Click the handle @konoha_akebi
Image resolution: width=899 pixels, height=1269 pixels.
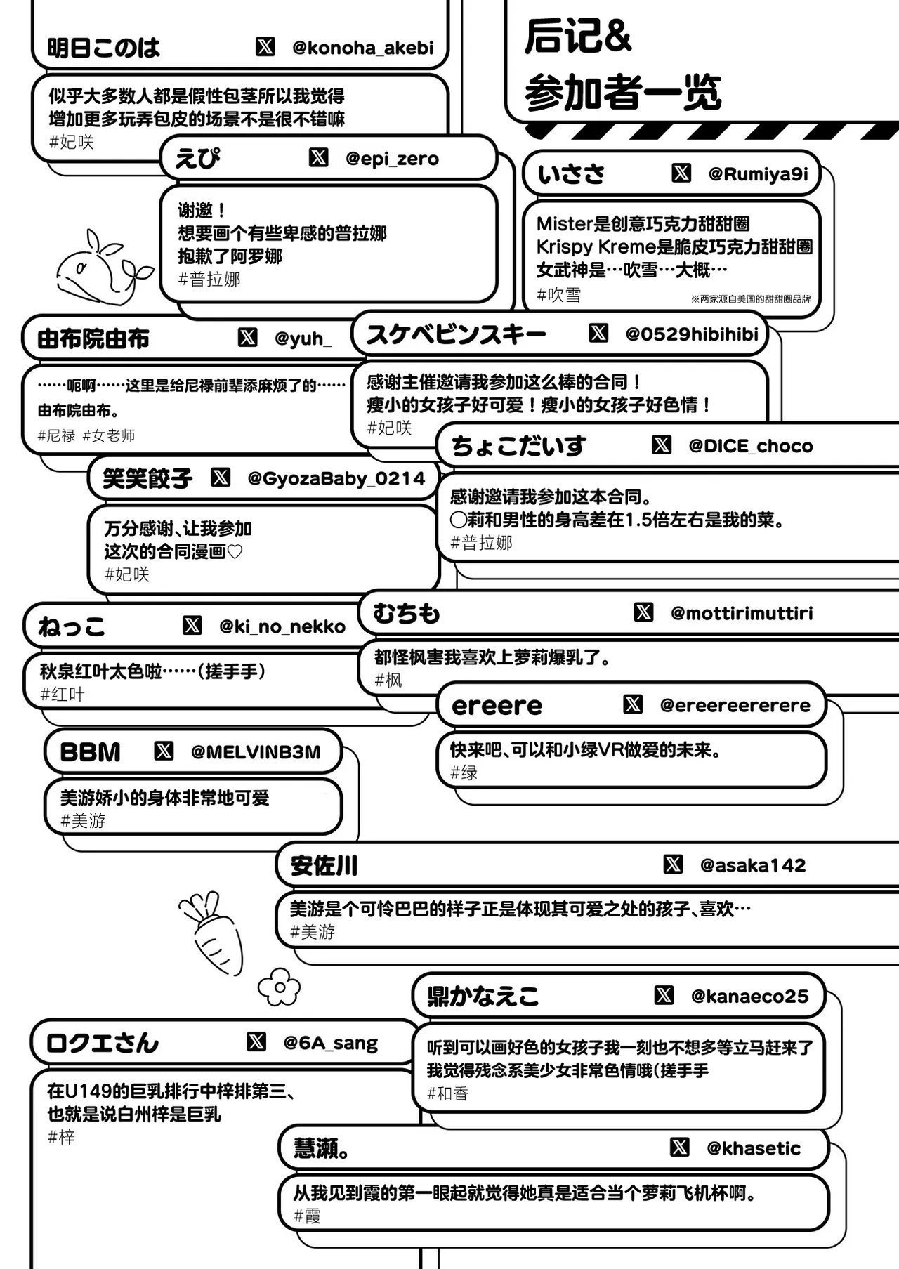click(x=362, y=48)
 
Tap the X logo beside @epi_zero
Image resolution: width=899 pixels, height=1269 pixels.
click(x=318, y=157)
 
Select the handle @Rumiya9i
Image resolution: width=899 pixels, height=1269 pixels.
click(x=758, y=174)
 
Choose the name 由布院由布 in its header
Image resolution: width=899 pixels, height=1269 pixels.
click(x=93, y=339)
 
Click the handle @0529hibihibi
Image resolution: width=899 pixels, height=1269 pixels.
click(x=692, y=334)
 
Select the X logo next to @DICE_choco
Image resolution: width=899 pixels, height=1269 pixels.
click(x=662, y=445)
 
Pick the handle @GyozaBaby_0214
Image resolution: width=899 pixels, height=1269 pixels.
click(x=336, y=479)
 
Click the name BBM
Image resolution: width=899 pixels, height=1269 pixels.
click(x=91, y=752)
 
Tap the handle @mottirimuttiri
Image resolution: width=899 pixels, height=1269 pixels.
click(x=742, y=613)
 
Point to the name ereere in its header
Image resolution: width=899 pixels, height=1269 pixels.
click(x=497, y=706)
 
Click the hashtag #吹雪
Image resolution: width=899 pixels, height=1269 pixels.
click(x=559, y=295)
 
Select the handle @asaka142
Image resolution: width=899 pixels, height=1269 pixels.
click(x=752, y=865)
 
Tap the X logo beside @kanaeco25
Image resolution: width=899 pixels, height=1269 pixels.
click(x=664, y=995)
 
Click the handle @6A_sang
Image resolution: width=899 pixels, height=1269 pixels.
click(x=330, y=1044)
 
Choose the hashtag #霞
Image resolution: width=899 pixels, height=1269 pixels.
click(x=308, y=1216)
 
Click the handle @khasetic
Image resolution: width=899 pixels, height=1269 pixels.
click(x=753, y=1148)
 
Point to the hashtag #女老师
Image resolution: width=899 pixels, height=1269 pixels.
click(x=109, y=436)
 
